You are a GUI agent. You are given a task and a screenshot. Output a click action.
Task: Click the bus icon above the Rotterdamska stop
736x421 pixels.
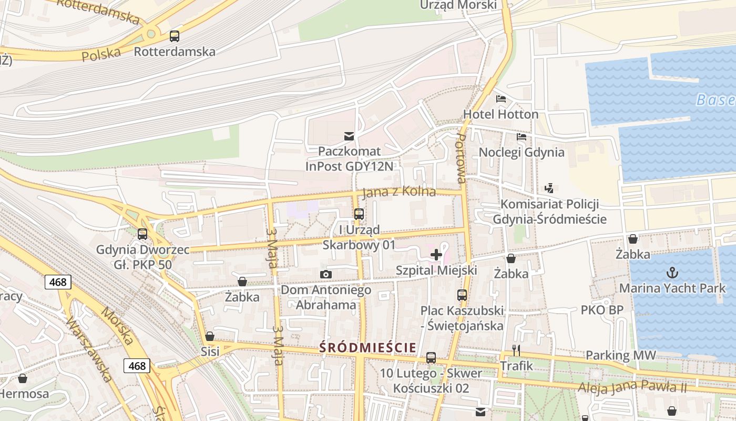(174, 36)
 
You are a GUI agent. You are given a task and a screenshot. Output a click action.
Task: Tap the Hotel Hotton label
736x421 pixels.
(500, 114)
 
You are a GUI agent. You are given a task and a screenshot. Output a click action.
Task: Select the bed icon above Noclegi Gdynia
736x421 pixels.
(521, 137)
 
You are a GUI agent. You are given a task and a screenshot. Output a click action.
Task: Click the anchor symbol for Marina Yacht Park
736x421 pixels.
(672, 273)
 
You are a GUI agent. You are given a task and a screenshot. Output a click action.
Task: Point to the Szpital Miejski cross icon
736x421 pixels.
(436, 255)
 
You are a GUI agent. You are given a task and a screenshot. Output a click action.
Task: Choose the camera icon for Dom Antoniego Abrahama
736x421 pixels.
(326, 274)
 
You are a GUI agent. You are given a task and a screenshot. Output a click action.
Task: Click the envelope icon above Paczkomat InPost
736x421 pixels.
(349, 136)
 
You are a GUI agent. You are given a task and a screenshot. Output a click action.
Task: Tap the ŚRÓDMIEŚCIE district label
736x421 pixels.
(368, 347)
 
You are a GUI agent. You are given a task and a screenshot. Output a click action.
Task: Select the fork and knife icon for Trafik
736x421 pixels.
(516, 350)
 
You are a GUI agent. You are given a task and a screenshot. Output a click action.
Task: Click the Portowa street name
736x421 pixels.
(461, 158)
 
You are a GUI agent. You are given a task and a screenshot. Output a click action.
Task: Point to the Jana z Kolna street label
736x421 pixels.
(400, 192)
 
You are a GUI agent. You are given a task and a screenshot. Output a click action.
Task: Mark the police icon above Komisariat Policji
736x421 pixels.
(549, 188)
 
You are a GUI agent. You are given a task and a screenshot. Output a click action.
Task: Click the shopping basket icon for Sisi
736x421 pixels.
(210, 336)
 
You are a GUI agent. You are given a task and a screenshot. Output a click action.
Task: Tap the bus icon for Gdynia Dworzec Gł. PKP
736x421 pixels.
(142, 234)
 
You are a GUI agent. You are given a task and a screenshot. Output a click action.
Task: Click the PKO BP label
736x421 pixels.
(602, 310)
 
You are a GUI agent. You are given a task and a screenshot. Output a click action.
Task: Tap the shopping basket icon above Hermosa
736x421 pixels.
(23, 378)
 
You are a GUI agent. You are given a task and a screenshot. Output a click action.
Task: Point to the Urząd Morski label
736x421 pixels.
(458, 5)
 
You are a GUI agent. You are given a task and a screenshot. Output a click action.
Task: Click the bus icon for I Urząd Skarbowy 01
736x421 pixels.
(359, 214)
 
